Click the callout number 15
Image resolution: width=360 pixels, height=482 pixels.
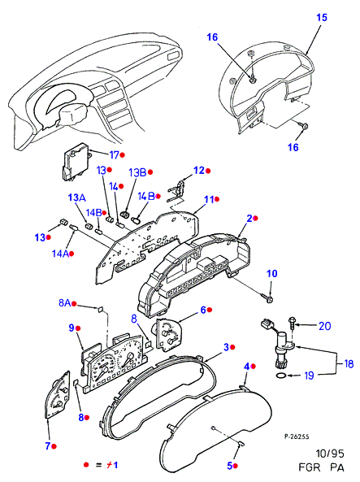[322, 18]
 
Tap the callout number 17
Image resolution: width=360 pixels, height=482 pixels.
[114, 155]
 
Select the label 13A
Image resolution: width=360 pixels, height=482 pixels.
[76, 198]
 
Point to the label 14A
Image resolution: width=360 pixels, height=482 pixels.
[60, 254]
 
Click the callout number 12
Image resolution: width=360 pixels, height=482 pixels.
[199, 171]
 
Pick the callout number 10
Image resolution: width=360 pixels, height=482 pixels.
[271, 273]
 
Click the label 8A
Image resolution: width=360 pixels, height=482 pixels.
[64, 303]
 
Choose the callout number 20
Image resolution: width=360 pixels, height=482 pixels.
[325, 326]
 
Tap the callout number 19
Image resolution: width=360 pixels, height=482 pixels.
[309, 375]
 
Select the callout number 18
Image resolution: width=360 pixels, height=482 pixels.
[349, 364]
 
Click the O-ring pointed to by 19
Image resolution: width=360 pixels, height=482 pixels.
[280, 376]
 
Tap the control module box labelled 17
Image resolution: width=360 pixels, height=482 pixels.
[76, 162]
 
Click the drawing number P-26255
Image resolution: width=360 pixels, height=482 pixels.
[297, 436]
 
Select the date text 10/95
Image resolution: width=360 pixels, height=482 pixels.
[330, 454]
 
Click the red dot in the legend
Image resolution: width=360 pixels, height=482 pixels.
[86, 465]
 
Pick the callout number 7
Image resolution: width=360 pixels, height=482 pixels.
[48, 445]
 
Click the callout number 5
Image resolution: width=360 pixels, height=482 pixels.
[229, 466]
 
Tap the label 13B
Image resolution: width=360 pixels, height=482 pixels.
[137, 172]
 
